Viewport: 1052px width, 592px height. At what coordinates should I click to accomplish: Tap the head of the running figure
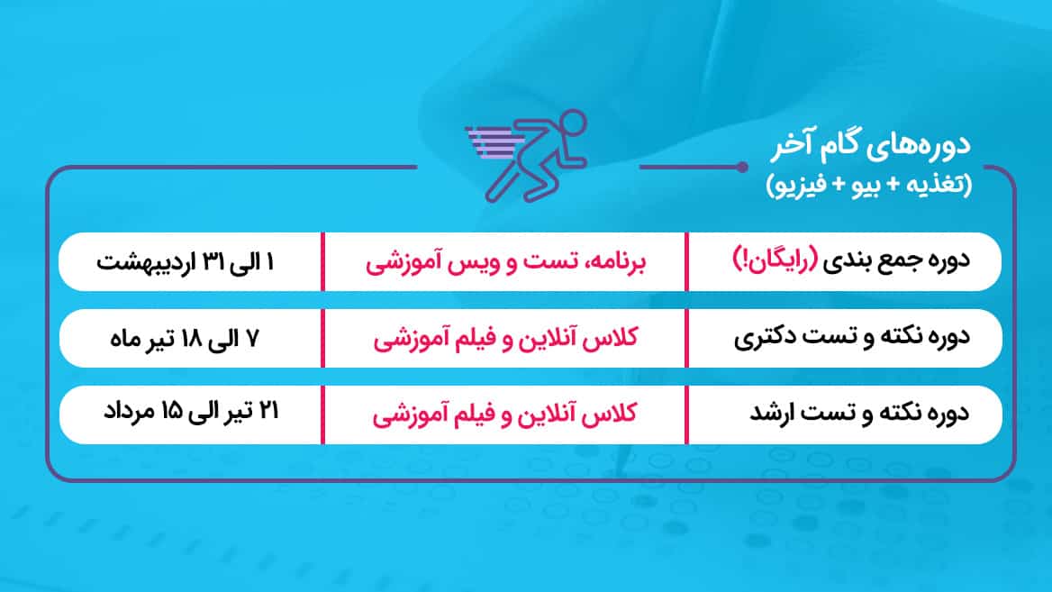[573, 124]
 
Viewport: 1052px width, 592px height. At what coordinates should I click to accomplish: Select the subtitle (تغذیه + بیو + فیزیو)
[869, 184]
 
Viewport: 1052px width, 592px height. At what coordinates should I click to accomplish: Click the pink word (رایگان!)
[775, 260]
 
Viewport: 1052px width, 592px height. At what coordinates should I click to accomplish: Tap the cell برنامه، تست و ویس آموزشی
[506, 262]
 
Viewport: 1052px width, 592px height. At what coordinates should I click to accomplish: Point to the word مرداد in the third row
[129, 411]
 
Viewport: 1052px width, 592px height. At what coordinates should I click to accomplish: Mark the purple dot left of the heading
[741, 167]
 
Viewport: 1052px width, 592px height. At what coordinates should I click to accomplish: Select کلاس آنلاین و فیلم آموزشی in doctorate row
[506, 338]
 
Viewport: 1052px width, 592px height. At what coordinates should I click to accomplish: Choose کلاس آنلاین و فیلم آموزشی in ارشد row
[504, 414]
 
